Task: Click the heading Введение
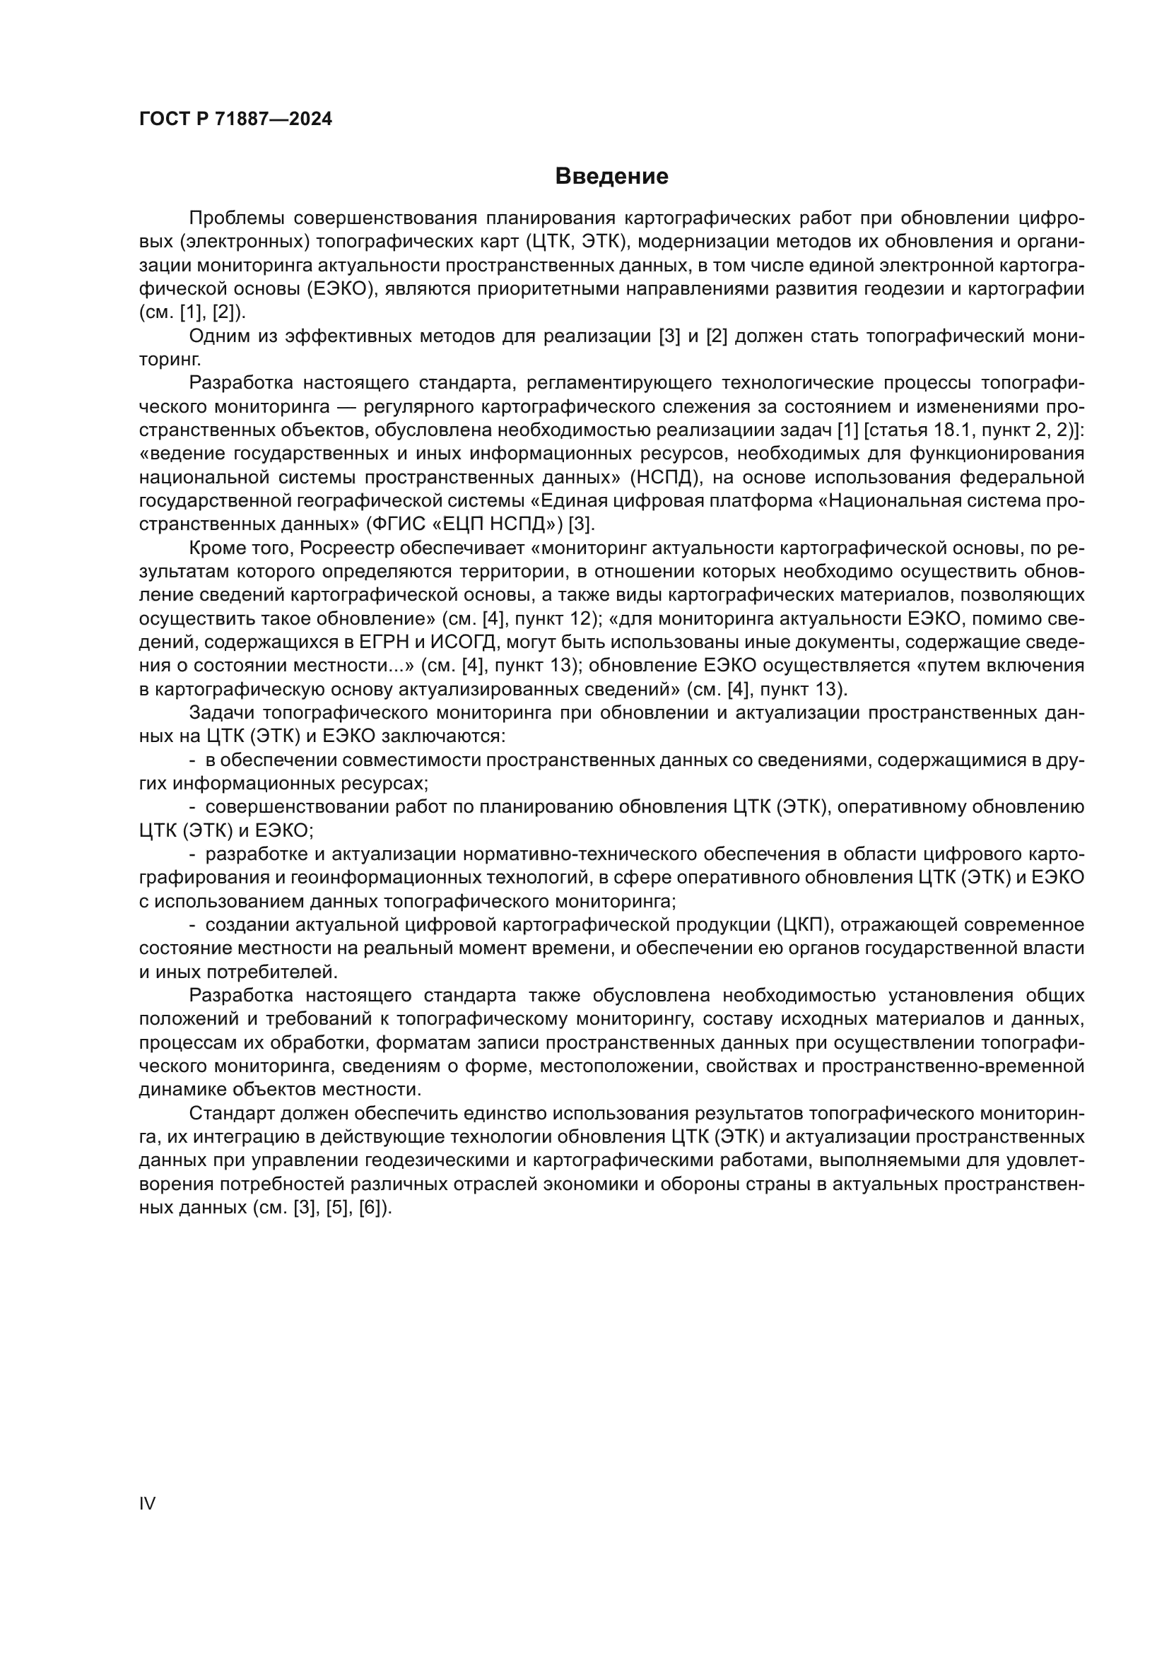coord(611,177)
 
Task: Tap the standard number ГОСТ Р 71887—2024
coord(235,119)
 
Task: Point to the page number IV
coord(147,1503)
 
